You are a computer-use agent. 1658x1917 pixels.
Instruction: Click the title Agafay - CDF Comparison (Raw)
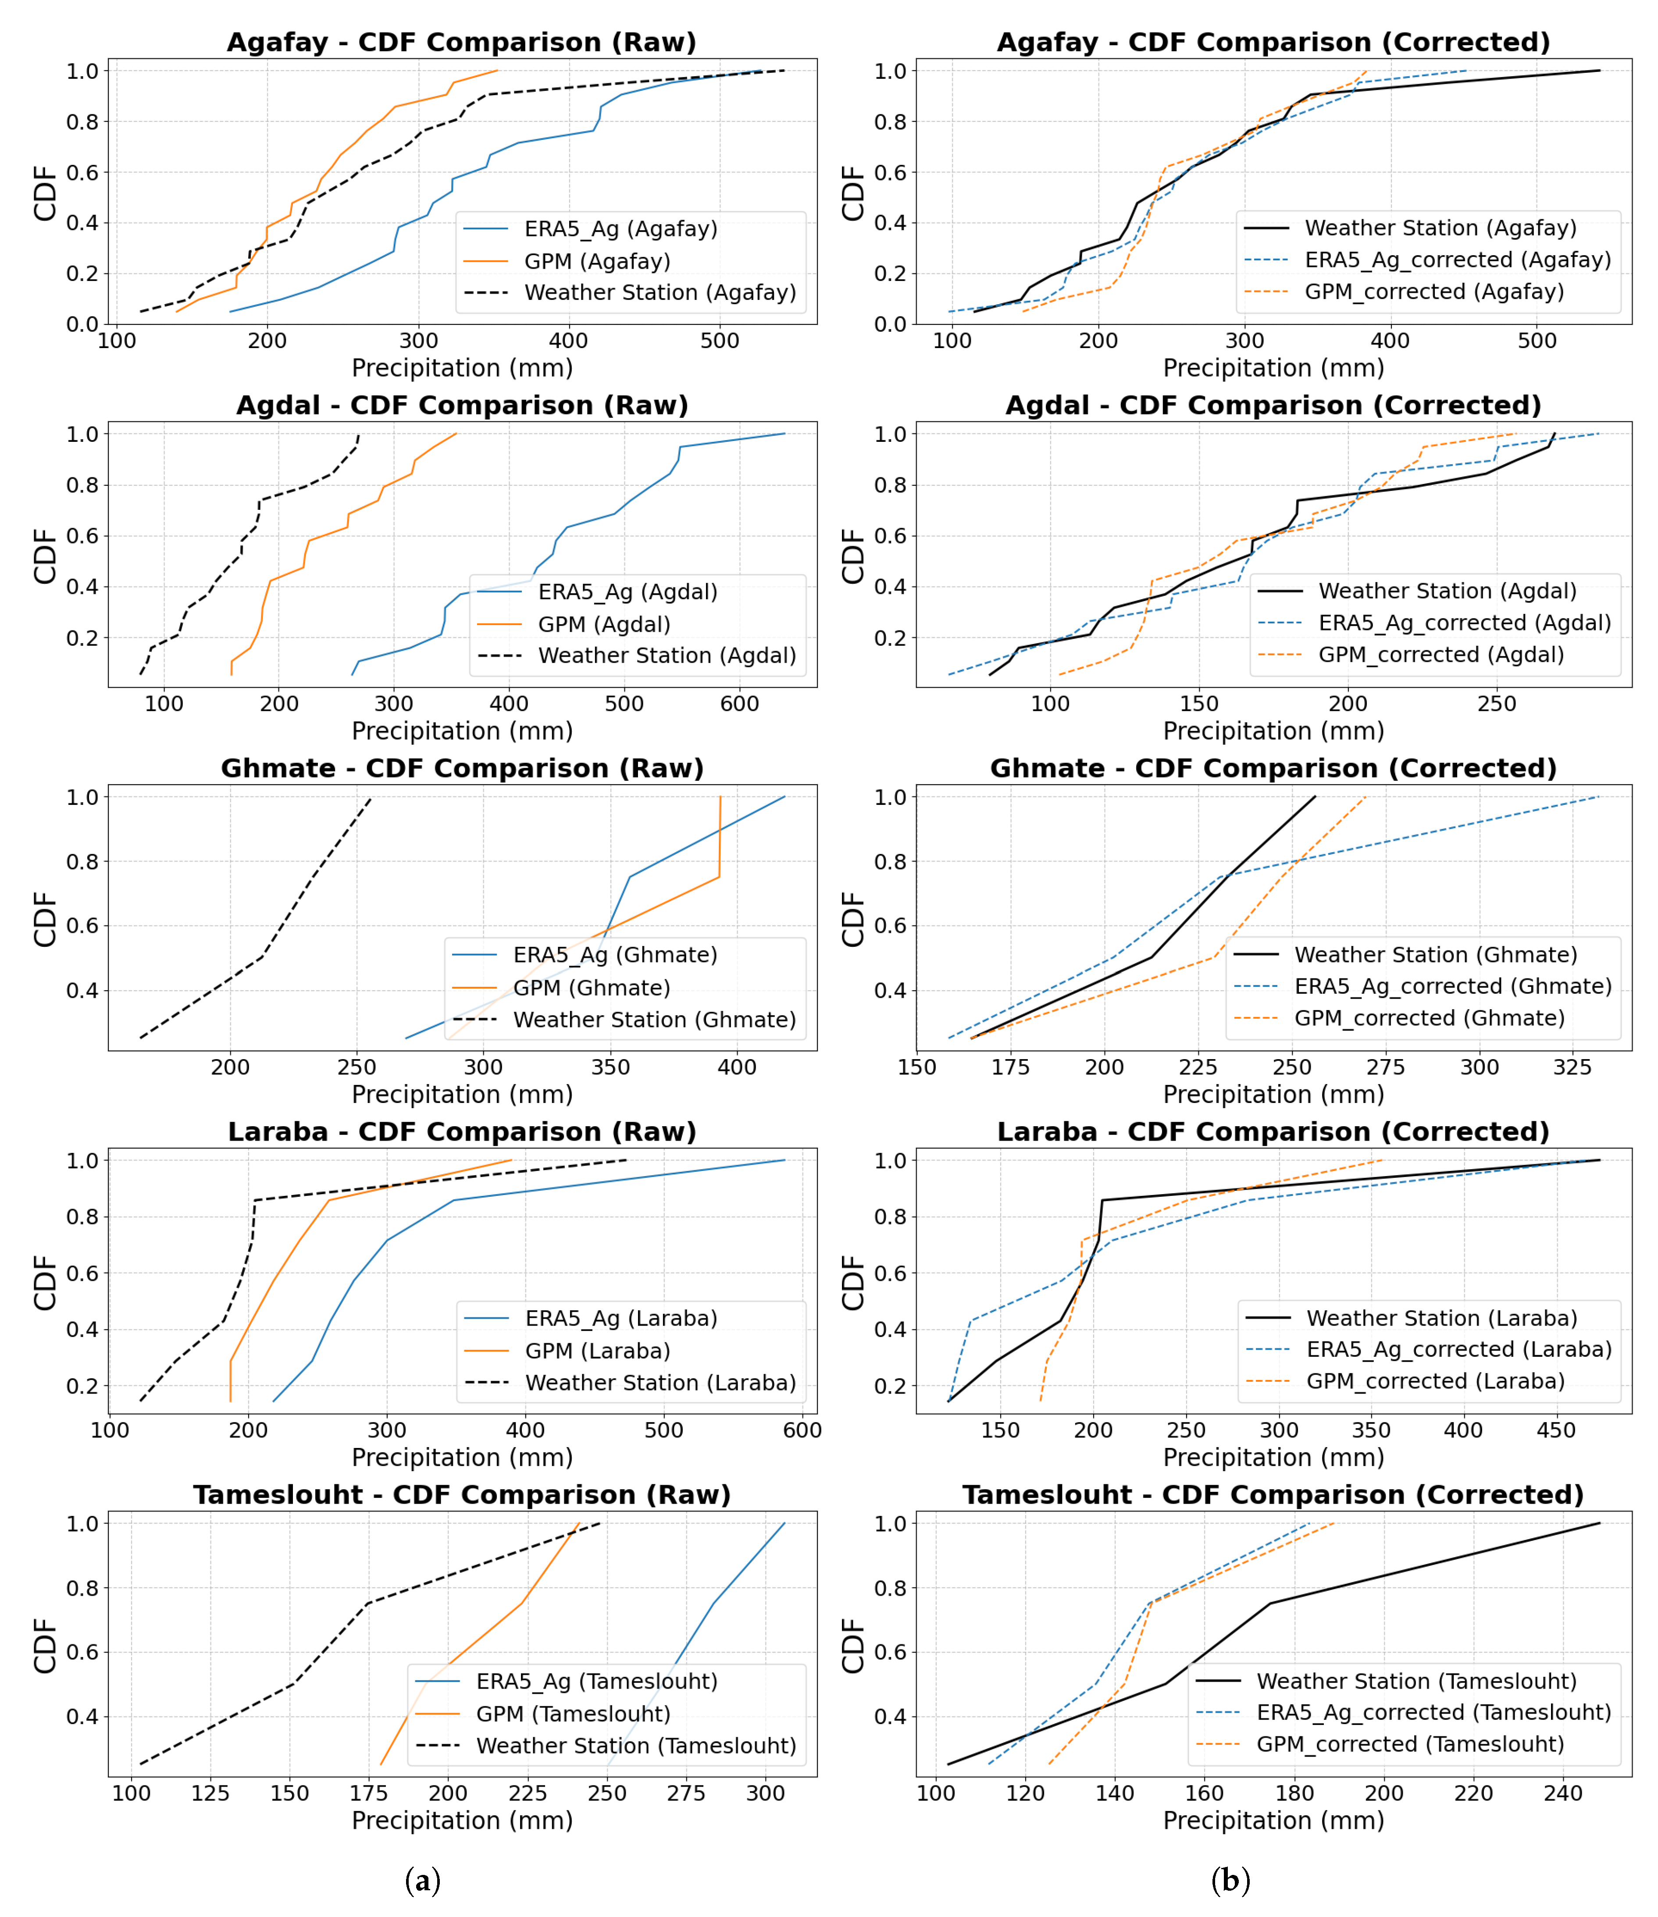click(x=462, y=43)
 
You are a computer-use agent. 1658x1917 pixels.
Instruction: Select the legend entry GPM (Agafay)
click(x=597, y=262)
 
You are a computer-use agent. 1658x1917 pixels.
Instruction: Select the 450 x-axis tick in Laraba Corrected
click(x=1556, y=1430)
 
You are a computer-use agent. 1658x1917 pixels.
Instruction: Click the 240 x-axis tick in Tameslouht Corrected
click(x=1564, y=1793)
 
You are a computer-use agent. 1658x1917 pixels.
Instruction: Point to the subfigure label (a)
click(x=423, y=1880)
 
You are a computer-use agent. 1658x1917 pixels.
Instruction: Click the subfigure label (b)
click(x=1230, y=1880)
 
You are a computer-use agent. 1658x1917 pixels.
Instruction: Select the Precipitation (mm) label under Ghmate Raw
click(x=462, y=1095)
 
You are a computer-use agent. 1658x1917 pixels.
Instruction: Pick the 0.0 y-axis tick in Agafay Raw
click(x=82, y=324)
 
